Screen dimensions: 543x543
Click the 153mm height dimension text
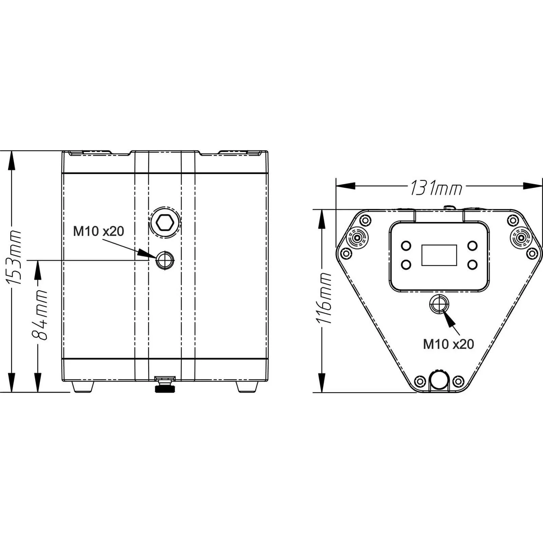14,258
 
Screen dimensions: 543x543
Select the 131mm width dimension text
436,188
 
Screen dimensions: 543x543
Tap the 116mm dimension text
324,298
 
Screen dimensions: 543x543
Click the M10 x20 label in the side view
98,231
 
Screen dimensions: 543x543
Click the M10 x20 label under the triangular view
448,344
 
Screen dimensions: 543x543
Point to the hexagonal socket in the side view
165,223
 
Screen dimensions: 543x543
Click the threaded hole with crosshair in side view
165,260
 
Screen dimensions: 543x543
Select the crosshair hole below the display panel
439,304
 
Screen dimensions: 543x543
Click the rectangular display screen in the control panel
439,255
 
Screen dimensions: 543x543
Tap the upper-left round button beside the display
406,245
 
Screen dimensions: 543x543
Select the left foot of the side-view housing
83,387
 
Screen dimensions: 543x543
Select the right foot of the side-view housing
247,387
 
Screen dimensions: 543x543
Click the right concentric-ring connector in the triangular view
521,238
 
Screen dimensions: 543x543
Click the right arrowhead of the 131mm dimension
533,186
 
